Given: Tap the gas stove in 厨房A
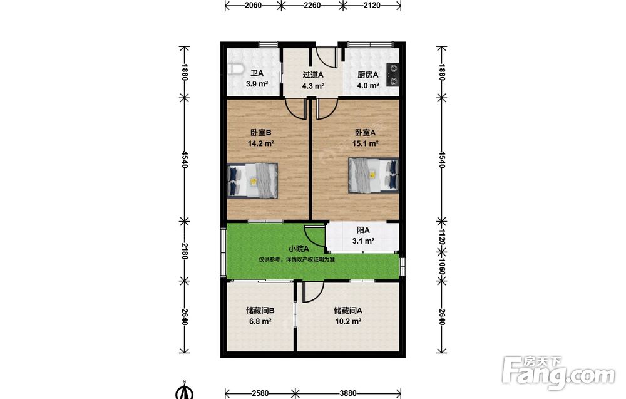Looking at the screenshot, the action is [393, 75].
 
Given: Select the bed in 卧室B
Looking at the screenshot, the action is [252, 180].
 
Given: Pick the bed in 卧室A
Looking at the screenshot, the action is [374, 175].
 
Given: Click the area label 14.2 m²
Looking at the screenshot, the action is [260, 143].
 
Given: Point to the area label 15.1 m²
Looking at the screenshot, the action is [366, 143].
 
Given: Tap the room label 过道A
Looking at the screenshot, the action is [312, 75].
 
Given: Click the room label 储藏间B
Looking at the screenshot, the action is [260, 310].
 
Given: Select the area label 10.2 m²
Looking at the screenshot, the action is [347, 321].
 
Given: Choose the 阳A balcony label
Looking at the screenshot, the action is [363, 230].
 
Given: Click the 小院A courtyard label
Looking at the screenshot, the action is [299, 249].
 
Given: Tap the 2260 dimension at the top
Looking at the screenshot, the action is [312, 5].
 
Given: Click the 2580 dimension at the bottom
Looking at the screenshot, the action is [260, 393].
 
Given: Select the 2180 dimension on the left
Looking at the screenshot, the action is [184, 251].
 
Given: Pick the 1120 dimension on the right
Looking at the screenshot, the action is [441, 237].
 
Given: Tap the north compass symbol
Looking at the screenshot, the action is [184, 390].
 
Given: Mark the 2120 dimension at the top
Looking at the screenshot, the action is [372, 5].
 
